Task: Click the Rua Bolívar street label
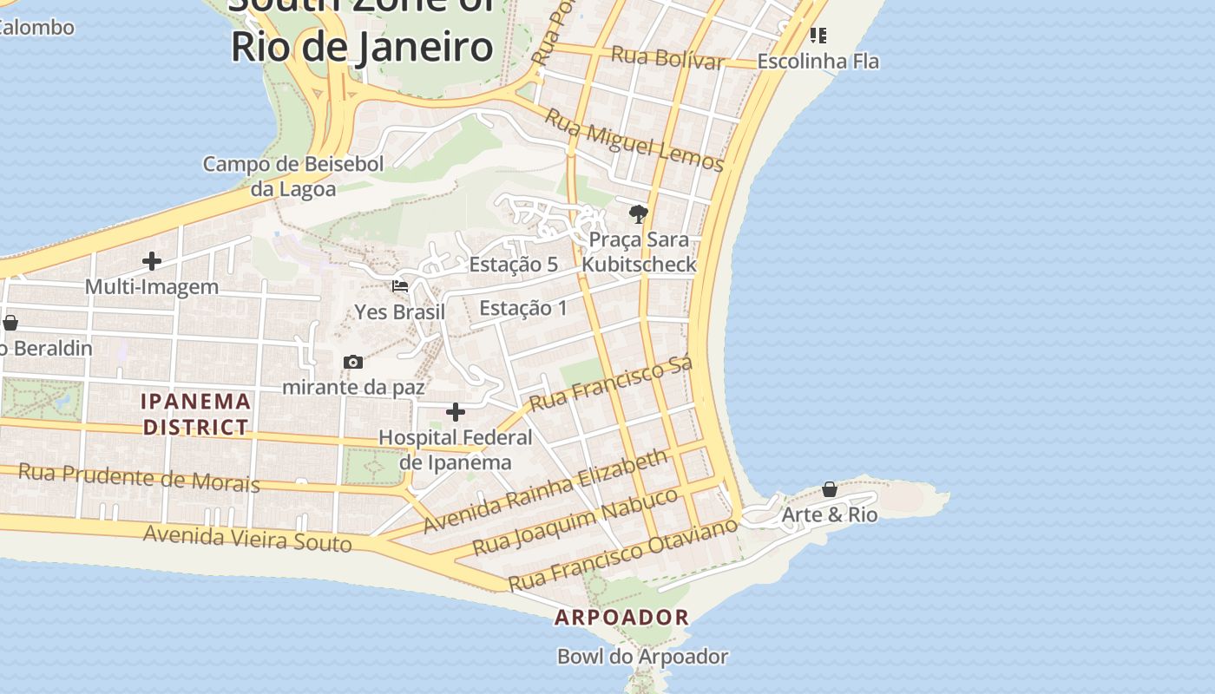click(x=667, y=58)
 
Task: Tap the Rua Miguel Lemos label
click(x=634, y=140)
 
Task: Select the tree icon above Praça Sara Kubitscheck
click(x=639, y=213)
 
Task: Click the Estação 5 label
click(x=513, y=265)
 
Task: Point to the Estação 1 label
click(x=522, y=308)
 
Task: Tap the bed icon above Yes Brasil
click(x=400, y=286)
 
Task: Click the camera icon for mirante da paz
click(x=353, y=362)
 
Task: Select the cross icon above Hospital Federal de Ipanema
click(x=456, y=412)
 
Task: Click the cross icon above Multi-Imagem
click(x=152, y=261)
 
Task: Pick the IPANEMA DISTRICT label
click(x=196, y=414)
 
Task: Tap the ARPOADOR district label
click(x=622, y=618)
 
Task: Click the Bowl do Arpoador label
click(x=642, y=657)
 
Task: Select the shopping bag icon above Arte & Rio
click(x=830, y=489)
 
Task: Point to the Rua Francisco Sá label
click(x=611, y=383)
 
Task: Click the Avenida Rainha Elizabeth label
click(x=546, y=491)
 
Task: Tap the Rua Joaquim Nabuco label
click(x=575, y=522)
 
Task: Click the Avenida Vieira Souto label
click(x=247, y=538)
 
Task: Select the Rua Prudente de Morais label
click(x=139, y=477)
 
